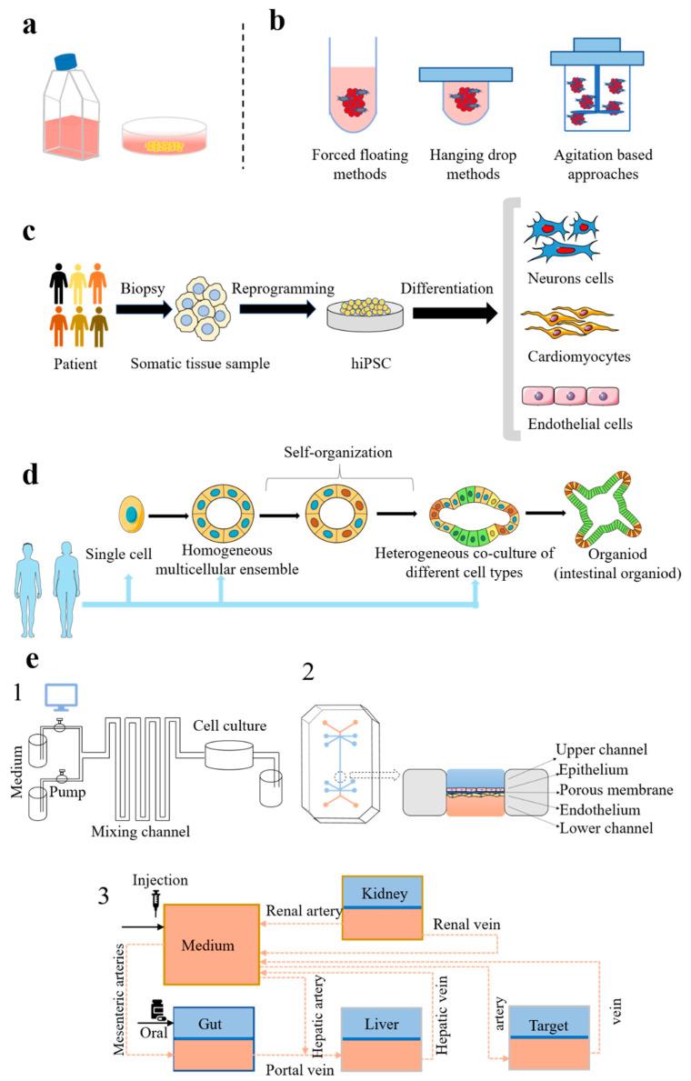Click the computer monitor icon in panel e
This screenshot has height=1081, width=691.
[x=61, y=697]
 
